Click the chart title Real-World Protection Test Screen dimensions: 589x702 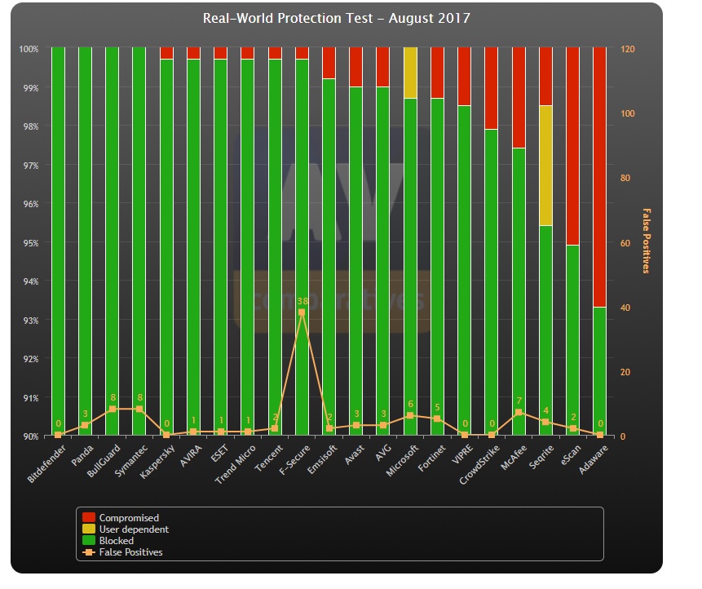[336, 18]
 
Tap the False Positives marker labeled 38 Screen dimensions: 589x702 [302, 312]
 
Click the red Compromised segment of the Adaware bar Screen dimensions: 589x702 [600, 176]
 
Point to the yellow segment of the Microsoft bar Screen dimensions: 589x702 [410, 73]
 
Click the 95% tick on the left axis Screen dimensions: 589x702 [29, 243]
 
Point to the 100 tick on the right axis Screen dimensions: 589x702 [627, 114]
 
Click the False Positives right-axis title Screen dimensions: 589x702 [647, 241]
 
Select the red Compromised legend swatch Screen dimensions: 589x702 [89, 518]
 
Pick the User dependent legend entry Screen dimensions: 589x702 [134, 529]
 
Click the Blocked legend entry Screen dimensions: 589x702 [116, 541]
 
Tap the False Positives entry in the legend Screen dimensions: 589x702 [130, 552]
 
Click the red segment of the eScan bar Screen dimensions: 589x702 [573, 146]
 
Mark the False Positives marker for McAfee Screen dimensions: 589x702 [519, 413]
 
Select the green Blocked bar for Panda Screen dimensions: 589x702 [85, 237]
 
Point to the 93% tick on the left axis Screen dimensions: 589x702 [29, 321]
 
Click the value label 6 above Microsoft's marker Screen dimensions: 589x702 [411, 405]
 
